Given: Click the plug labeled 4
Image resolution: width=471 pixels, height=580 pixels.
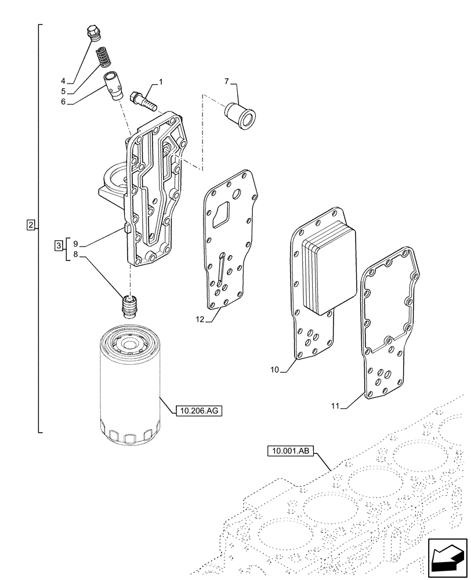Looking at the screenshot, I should tap(93, 34).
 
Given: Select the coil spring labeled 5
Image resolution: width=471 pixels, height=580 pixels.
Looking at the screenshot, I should tap(103, 57).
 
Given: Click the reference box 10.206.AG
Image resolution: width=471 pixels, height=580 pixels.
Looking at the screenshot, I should tap(198, 411).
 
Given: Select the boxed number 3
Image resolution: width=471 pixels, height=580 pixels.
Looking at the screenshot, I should tap(59, 245).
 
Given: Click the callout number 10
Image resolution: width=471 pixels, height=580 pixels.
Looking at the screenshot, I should tap(276, 369).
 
